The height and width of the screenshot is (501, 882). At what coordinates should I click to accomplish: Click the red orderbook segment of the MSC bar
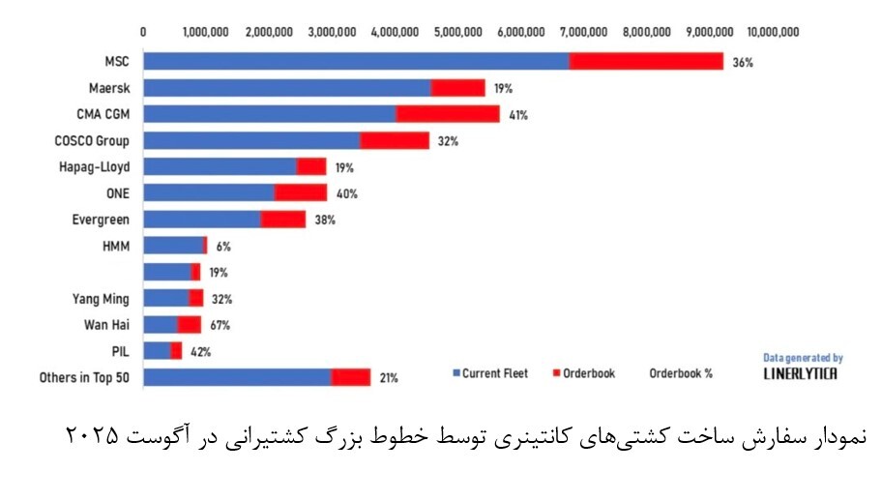646,62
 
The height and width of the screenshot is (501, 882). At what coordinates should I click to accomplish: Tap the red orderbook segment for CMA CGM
448,114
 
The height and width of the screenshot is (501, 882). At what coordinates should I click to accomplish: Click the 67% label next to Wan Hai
220,325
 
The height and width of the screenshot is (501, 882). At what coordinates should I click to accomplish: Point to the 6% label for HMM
222,247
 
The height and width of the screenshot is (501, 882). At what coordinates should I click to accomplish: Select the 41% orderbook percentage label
518,115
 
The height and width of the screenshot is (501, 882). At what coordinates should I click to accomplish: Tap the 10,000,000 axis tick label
774,31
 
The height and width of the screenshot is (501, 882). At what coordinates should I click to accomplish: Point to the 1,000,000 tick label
206,31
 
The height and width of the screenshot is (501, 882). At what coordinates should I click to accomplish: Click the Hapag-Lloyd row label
94,166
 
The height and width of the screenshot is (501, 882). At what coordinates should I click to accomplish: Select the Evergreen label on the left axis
101,220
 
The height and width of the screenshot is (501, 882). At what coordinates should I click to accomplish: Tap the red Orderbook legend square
555,373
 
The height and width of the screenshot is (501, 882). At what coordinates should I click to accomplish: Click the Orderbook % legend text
680,373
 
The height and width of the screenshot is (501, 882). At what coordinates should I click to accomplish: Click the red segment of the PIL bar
176,351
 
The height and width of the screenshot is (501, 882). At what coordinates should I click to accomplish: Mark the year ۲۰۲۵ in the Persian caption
93,434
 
